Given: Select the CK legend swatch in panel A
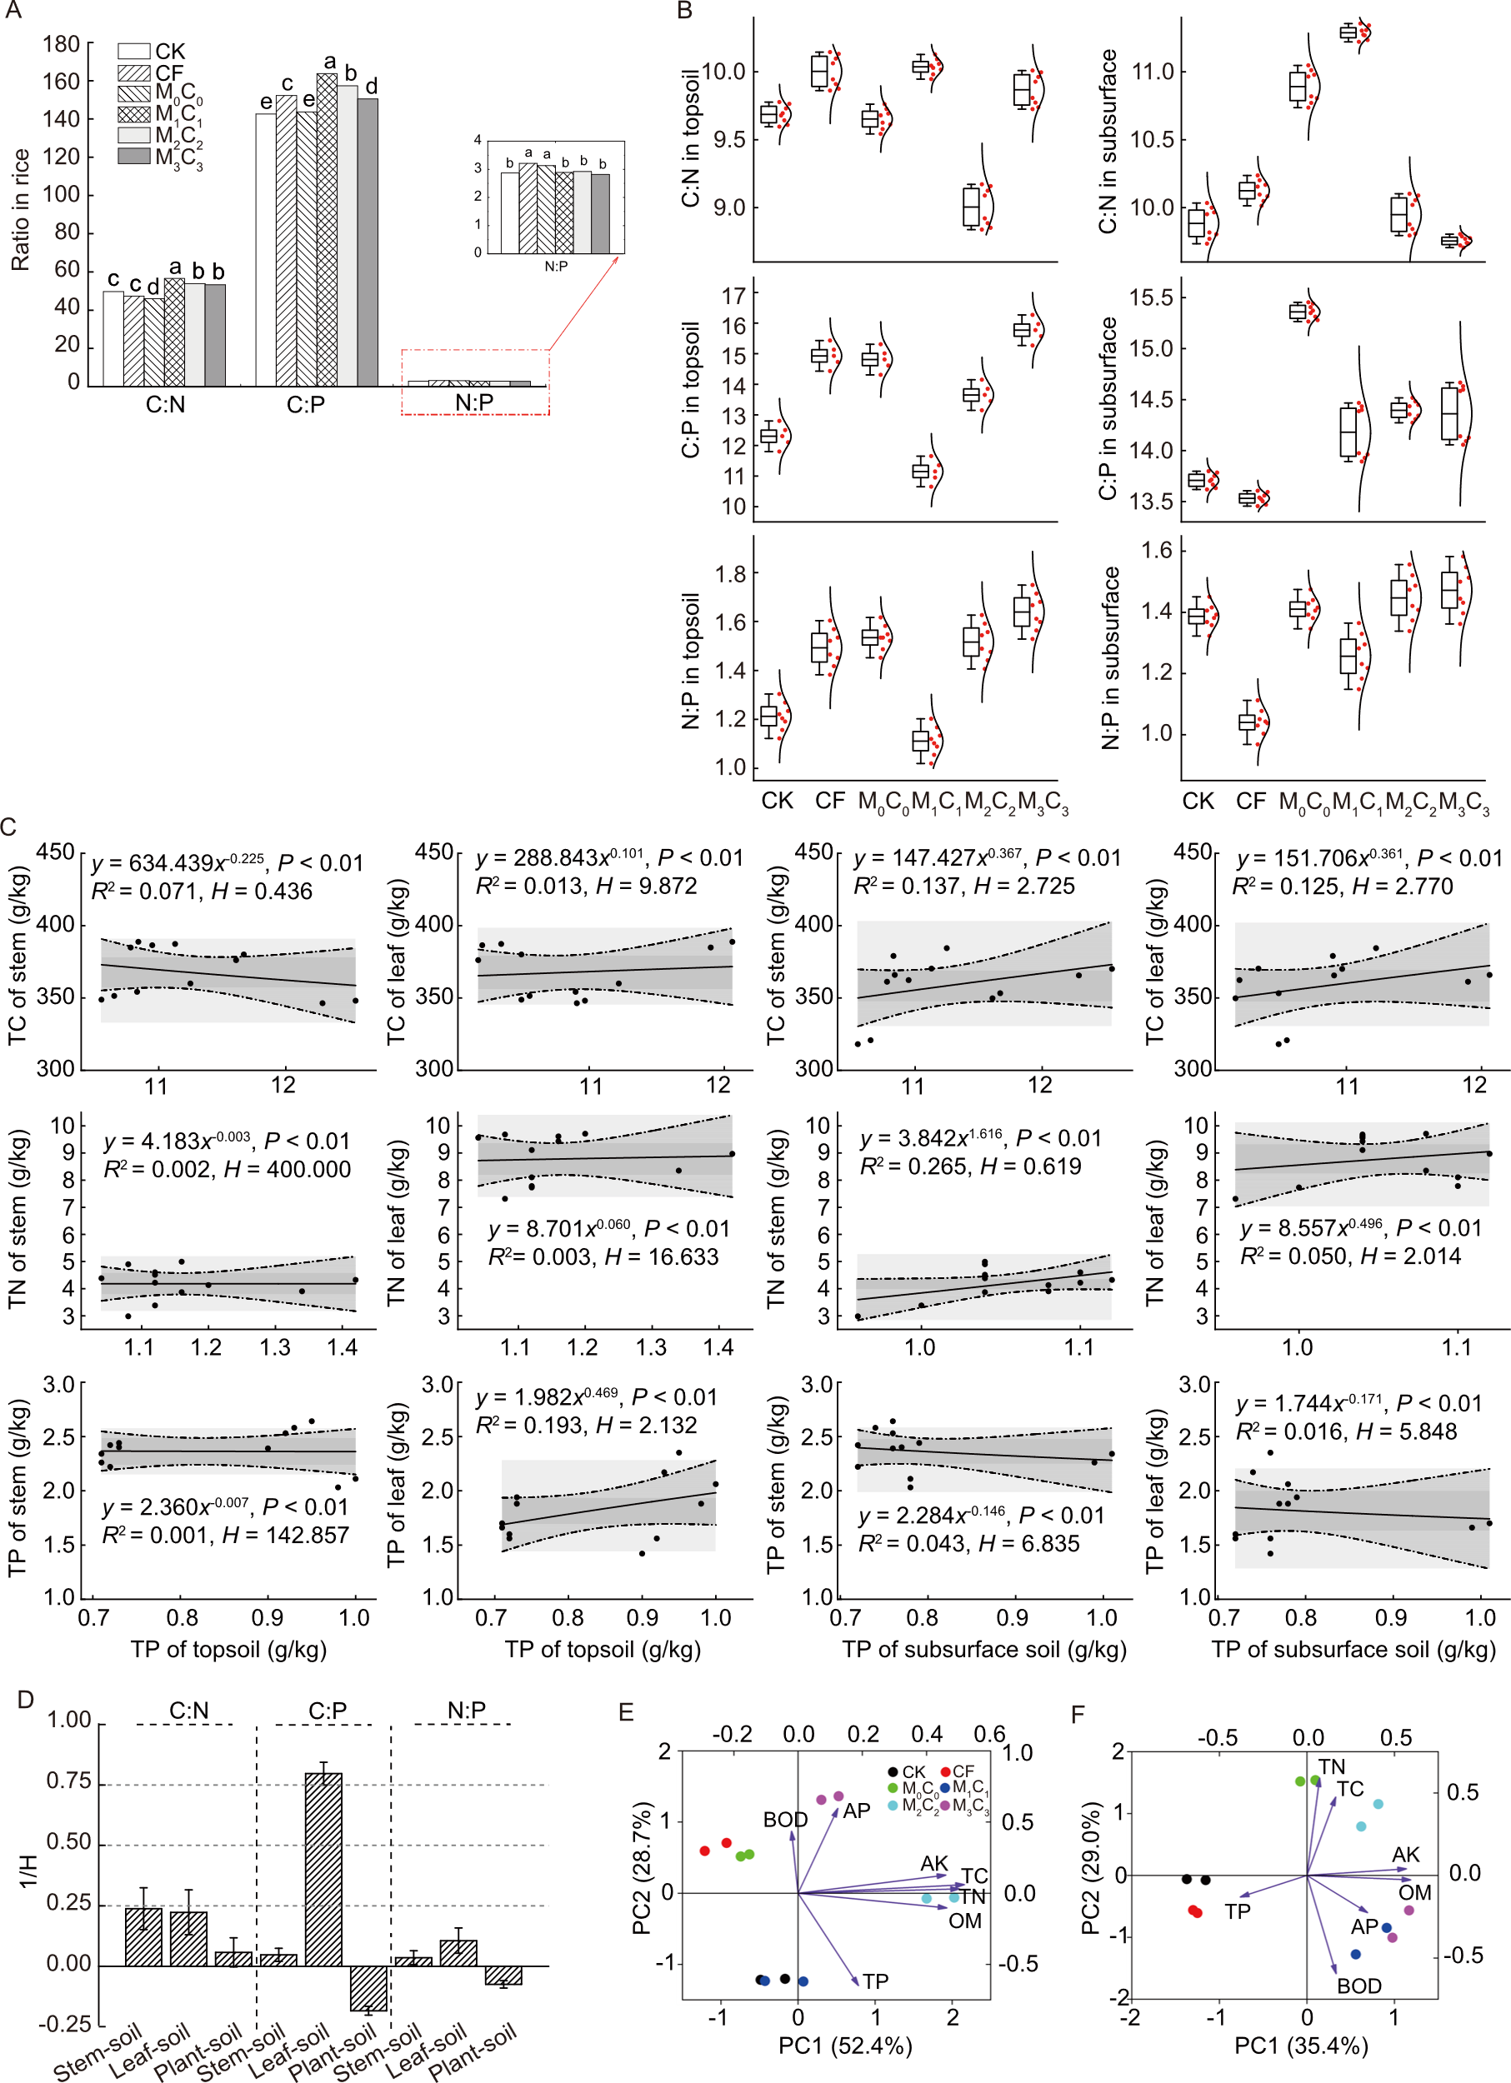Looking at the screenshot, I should (134, 52).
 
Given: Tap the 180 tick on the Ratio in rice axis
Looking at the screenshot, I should (62, 44).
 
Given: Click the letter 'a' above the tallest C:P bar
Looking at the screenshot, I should (329, 62).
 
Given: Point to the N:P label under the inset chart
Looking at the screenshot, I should (556, 267).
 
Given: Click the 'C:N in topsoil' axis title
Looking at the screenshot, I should (691, 137).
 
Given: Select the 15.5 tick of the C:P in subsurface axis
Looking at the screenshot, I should (1151, 297).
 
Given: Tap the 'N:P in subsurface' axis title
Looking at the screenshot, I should (1110, 657).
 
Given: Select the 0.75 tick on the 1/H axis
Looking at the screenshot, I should (69, 1781).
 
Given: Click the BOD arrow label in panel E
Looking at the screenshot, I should (784, 1820).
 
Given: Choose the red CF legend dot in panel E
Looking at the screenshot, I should (945, 1771).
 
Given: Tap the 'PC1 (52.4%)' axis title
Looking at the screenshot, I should (844, 2045).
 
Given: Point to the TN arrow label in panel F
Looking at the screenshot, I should (1331, 1766).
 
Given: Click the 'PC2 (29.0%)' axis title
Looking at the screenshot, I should (1090, 1875).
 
